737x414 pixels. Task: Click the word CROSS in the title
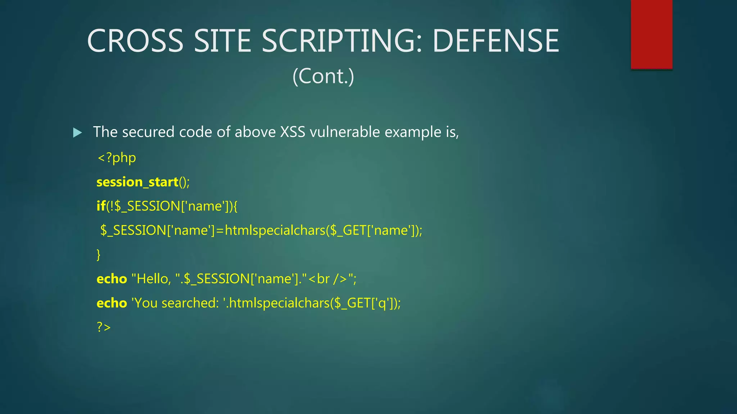(x=135, y=41)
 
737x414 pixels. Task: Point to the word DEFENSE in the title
(x=496, y=41)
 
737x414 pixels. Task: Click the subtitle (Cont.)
(x=323, y=76)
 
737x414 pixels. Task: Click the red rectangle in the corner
(x=651, y=34)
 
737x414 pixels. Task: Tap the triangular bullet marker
(x=77, y=133)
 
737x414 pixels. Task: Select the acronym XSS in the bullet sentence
(x=293, y=132)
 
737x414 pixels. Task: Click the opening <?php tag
(x=117, y=158)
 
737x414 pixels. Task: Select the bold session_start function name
(x=137, y=182)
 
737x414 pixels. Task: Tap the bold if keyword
(x=101, y=206)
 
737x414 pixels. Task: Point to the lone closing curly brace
(x=99, y=254)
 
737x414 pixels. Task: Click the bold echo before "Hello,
(x=112, y=279)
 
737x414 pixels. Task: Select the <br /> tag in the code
(x=328, y=279)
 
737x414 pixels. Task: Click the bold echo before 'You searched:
(x=112, y=303)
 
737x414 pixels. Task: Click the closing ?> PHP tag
(x=104, y=327)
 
